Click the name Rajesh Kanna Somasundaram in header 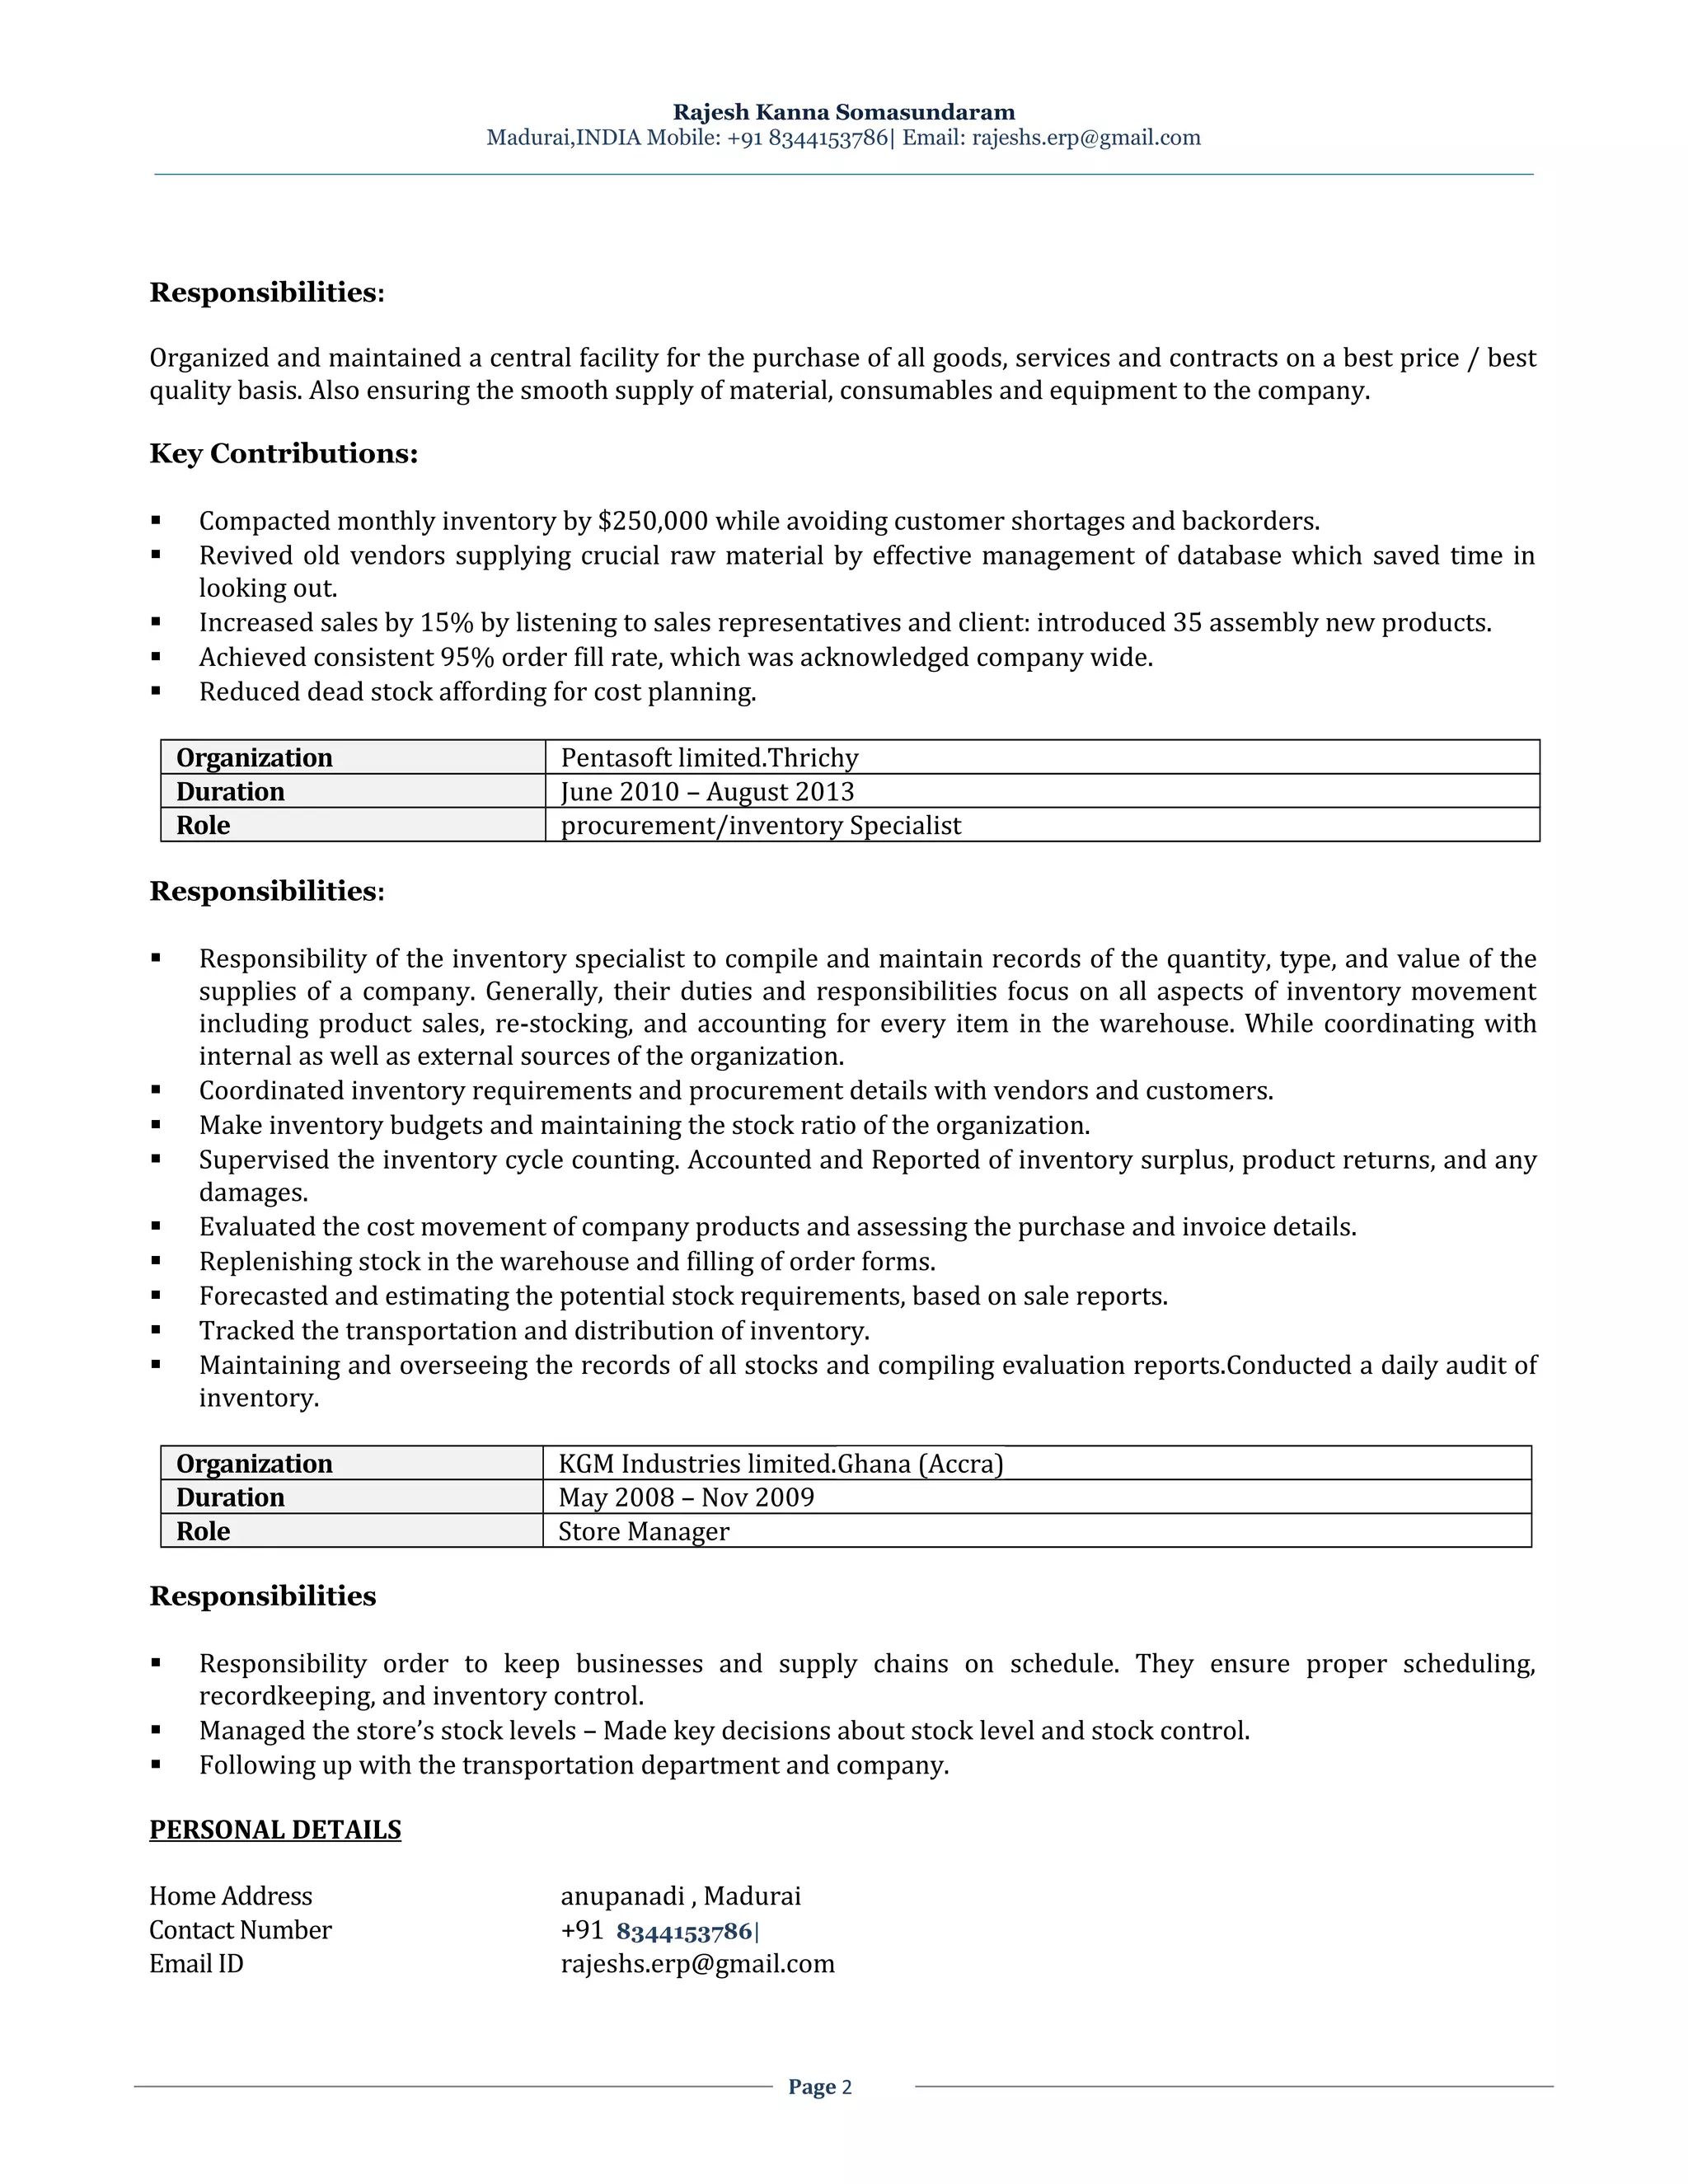pos(843,112)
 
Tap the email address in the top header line pos(1086,138)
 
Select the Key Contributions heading pos(283,454)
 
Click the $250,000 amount pos(652,521)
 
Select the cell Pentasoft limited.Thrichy pos(709,758)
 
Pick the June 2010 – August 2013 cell pos(707,792)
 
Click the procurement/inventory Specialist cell pos(760,826)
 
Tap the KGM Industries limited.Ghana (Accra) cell pos(780,1464)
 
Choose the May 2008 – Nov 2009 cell pos(686,1498)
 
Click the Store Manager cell pos(643,1532)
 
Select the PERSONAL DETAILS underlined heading pos(275,1830)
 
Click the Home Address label pos(230,1897)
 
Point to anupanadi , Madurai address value pos(680,1897)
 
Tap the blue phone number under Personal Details pos(684,1931)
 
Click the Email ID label pos(196,1964)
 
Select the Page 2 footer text pos(819,2087)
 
